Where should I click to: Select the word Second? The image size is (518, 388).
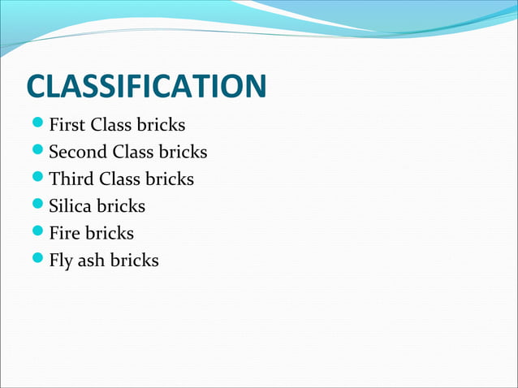coord(78,153)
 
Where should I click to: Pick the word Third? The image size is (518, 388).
coord(71,179)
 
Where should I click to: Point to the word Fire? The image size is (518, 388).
coord(65,233)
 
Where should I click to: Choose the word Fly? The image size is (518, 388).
coord(62,261)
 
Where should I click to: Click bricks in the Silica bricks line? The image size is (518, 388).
coord(121,206)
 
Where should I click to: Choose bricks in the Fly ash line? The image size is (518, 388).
coord(134,261)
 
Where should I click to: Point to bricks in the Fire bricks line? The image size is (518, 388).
coord(110,233)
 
